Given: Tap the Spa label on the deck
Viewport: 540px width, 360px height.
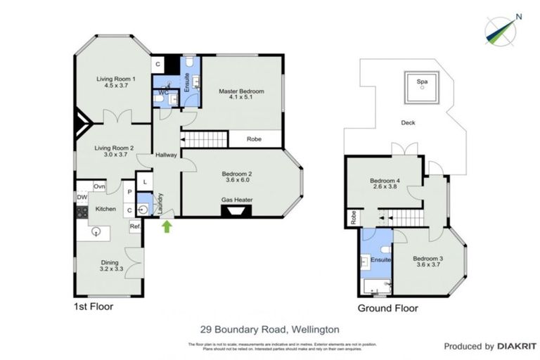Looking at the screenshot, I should (422, 82).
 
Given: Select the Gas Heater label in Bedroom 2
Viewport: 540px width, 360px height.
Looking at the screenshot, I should (236, 200).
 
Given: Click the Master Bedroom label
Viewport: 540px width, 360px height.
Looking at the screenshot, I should (241, 91).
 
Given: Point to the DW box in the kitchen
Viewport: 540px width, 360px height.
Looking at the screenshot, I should (81, 197).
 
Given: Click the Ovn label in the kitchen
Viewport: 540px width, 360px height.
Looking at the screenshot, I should (100, 186).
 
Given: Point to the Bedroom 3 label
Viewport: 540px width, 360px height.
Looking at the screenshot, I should (427, 258).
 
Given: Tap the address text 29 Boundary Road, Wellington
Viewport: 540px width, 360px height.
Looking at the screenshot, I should (269, 328).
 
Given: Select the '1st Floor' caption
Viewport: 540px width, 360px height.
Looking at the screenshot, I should (94, 307).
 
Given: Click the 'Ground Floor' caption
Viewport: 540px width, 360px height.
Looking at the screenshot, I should (387, 308).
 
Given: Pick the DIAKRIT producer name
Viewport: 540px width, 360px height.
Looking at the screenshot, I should (517, 346).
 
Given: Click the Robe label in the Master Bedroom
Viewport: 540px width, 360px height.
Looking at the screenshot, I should (255, 139).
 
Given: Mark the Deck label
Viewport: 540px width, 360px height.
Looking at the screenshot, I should (408, 122).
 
